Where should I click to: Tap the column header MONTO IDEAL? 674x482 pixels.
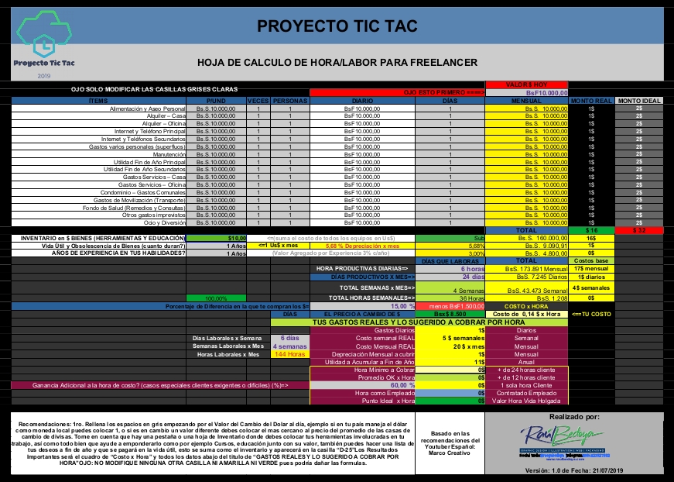click(x=639, y=101)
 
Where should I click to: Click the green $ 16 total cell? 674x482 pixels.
click(x=591, y=230)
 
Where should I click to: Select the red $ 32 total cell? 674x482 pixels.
click(x=639, y=230)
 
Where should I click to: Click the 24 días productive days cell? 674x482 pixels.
click(x=472, y=276)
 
